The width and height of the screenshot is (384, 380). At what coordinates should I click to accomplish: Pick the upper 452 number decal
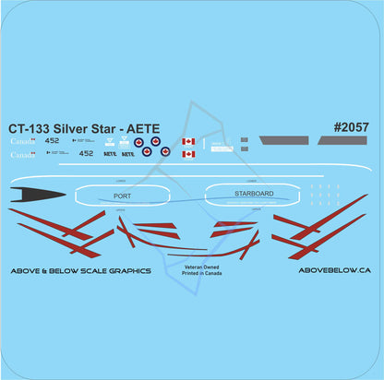click(x=53, y=142)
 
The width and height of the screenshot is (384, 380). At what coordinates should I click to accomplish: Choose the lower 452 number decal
click(x=87, y=154)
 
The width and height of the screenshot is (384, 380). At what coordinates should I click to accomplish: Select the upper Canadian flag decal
click(x=188, y=142)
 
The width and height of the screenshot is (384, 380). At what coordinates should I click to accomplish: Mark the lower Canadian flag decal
click(x=188, y=154)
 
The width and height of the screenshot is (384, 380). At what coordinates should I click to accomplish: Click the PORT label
click(x=122, y=196)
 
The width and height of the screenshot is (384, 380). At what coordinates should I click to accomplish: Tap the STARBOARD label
click(x=254, y=194)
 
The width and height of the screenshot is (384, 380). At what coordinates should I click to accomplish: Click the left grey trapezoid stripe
click(x=285, y=141)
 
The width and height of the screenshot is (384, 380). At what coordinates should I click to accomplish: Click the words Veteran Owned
click(x=191, y=264)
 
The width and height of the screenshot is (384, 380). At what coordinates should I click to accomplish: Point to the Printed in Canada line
click(x=191, y=273)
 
